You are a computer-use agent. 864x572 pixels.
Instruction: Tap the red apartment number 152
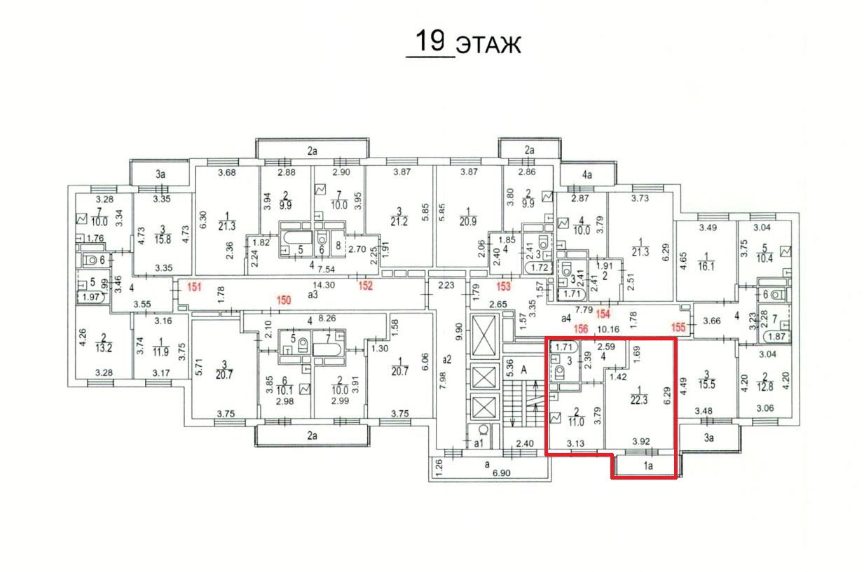point(365,286)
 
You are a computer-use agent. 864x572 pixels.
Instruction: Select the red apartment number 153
point(504,286)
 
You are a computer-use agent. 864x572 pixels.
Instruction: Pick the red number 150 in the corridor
point(283,300)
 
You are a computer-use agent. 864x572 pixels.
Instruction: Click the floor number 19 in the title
point(430,40)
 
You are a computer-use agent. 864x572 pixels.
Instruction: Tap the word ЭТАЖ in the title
point(489,45)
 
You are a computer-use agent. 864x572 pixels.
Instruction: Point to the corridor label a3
point(313,295)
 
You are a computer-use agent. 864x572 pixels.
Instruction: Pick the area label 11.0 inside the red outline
point(575,422)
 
